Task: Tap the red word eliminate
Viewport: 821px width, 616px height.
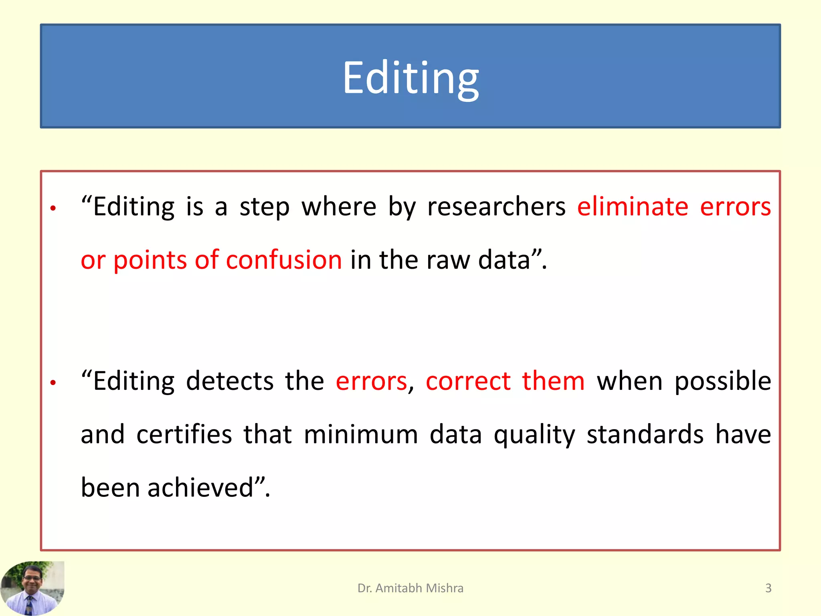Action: [633, 207]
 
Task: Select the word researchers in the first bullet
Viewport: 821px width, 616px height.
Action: [496, 207]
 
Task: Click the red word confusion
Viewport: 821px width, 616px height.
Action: [284, 260]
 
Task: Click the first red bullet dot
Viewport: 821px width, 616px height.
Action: [53, 208]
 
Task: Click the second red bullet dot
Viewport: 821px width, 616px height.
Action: [53, 383]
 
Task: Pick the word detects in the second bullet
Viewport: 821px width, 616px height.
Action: [230, 381]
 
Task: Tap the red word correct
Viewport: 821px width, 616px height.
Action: [468, 381]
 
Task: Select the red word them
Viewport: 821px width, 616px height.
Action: [553, 381]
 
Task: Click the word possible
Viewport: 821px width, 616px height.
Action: [723, 382]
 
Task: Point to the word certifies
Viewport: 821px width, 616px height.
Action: [184, 434]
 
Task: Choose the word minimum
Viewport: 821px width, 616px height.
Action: [361, 434]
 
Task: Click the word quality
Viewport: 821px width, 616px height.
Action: [534, 435]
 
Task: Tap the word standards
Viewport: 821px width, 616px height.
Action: [645, 434]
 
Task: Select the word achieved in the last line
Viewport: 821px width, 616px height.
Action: [200, 488]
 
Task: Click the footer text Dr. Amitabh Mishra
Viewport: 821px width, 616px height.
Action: [410, 588]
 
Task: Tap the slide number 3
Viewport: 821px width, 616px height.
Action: [768, 588]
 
